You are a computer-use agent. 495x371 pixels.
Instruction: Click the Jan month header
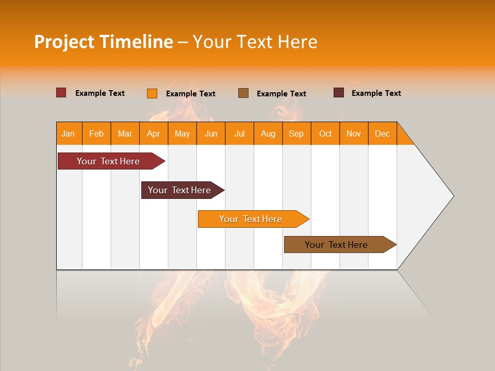[68, 133]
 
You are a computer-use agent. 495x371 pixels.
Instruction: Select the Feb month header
[96, 133]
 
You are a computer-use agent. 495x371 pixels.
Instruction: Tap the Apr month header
[153, 133]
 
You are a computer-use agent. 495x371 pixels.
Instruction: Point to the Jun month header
[211, 133]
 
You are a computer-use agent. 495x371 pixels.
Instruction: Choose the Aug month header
[268, 133]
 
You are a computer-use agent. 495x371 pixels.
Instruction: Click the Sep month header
[296, 133]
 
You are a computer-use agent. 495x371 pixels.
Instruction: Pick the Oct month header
[325, 133]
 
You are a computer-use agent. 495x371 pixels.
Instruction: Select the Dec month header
[382, 133]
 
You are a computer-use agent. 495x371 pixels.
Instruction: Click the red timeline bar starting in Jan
[108, 161]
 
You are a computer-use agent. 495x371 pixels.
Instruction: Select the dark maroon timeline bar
[179, 190]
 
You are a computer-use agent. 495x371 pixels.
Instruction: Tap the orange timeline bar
[251, 219]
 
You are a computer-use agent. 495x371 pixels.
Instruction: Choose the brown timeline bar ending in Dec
[336, 245]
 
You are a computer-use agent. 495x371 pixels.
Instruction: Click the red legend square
[61, 93]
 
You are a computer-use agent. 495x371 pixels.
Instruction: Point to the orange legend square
[152, 93]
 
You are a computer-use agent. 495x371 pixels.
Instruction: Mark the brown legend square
[243, 93]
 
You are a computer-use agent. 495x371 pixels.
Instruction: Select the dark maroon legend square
[339, 93]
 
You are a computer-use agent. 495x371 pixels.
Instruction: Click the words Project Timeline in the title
[103, 42]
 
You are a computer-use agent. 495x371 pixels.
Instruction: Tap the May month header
[182, 133]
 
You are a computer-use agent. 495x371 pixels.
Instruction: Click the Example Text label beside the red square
[100, 93]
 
